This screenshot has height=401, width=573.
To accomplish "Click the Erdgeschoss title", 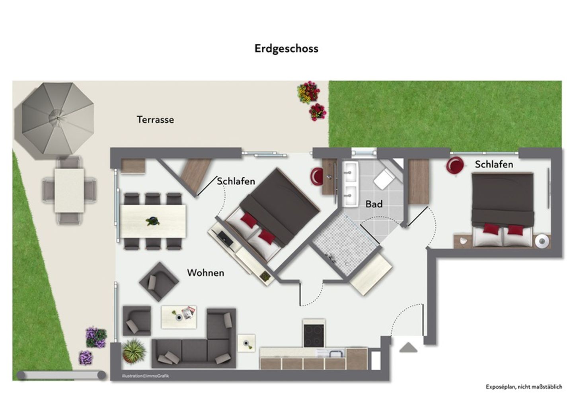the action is pyautogui.click(x=286, y=49).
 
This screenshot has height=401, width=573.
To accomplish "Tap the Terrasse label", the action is pyautogui.click(x=155, y=119).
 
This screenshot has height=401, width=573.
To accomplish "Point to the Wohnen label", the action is pyautogui.click(x=205, y=273).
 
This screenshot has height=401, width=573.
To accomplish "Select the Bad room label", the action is pyautogui.click(x=374, y=204).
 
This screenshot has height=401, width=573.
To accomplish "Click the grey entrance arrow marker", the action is pyautogui.click(x=408, y=348).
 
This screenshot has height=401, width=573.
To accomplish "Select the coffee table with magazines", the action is pyautogui.click(x=179, y=317).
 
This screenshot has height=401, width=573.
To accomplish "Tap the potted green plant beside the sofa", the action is pyautogui.click(x=134, y=351).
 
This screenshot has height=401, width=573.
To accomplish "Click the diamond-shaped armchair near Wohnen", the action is pyautogui.click(x=159, y=282).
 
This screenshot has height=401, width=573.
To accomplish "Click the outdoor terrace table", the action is pyautogui.click(x=69, y=190).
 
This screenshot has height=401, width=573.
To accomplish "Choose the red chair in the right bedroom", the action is pyautogui.click(x=454, y=165).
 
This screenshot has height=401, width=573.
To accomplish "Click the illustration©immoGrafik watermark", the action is pyautogui.click(x=145, y=376).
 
